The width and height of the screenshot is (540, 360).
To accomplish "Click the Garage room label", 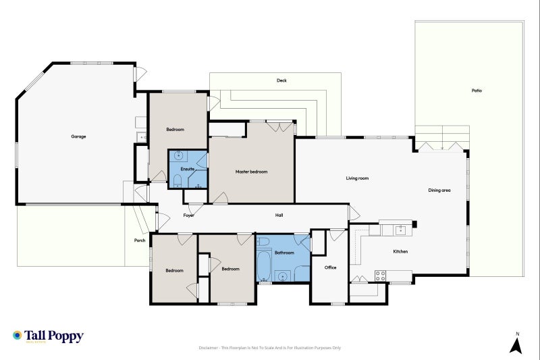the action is [x=78, y=136].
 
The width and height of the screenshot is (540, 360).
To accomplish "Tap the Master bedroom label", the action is [x=251, y=172].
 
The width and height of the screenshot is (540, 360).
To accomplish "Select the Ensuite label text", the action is [x=188, y=169].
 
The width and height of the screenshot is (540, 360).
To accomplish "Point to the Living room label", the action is [x=357, y=178].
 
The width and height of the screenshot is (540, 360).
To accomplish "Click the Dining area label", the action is [x=439, y=190].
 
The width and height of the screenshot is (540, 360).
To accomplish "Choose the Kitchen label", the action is [x=400, y=251].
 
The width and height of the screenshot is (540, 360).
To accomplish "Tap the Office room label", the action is [x=330, y=267].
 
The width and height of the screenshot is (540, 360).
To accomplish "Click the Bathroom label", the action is [x=284, y=253].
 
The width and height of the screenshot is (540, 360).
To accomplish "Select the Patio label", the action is [x=477, y=91].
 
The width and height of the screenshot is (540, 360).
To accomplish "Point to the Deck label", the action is [x=281, y=80].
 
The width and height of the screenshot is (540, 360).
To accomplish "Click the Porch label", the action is [x=140, y=240].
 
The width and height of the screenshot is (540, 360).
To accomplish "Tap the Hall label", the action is [x=279, y=215].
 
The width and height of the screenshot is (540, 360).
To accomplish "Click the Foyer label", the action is [x=189, y=215].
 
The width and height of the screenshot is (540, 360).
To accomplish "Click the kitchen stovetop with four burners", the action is [x=380, y=276].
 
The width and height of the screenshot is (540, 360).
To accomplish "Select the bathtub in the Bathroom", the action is [x=264, y=265].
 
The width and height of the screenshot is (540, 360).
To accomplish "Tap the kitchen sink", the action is [x=401, y=230].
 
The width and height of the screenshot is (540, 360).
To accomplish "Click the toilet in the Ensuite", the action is [x=177, y=181].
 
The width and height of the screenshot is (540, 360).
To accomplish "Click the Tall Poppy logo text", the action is [x=54, y=336].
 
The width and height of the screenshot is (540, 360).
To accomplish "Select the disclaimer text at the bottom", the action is [x=269, y=348].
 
